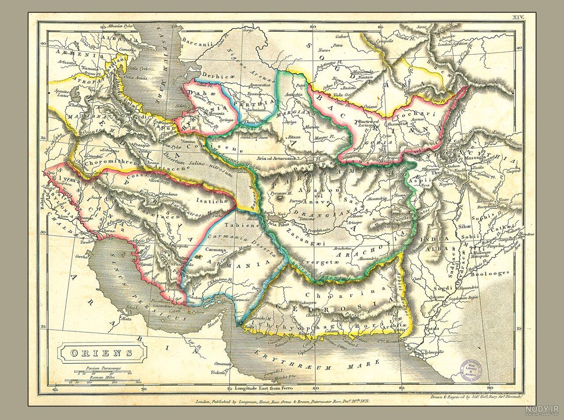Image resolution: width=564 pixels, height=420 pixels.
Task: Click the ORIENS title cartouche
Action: pos(102,353)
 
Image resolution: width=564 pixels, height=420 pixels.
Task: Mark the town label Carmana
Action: pos(215,249)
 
